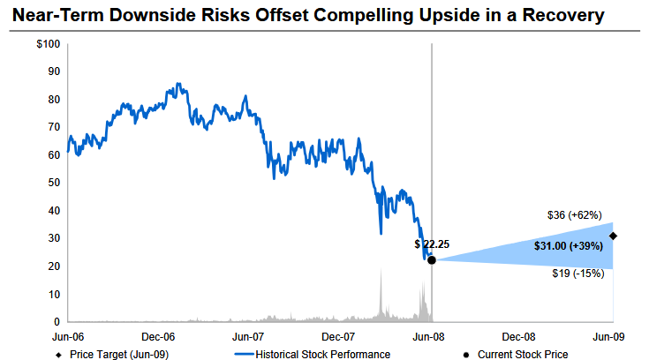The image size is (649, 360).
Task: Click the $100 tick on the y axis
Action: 49,44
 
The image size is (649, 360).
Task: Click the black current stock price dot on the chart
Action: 431,259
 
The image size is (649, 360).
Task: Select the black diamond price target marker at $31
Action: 613,236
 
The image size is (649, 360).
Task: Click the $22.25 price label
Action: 432,244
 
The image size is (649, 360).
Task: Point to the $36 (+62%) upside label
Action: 575,215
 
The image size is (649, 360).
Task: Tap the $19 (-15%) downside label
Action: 576,274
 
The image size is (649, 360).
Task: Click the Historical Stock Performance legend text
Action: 323,354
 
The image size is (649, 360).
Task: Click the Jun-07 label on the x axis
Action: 248,336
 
